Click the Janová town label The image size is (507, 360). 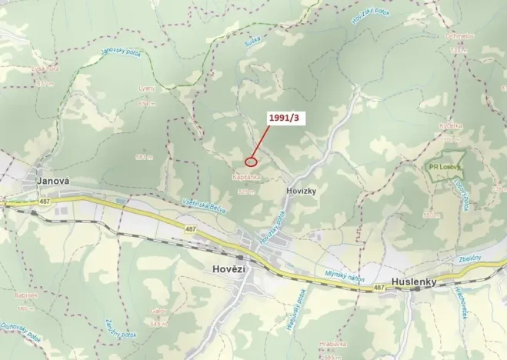pos(53,182)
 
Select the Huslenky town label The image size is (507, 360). pos(413,282)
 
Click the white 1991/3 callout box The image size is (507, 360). pos(285,118)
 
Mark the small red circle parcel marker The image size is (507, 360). pos(250,162)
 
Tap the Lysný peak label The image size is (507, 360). pos(146,88)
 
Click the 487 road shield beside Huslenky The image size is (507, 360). pos(378,288)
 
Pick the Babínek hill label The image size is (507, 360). pos(27,295)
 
